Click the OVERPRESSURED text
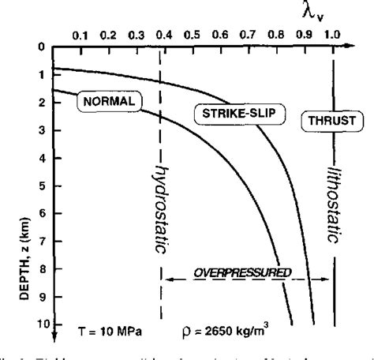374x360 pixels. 248,272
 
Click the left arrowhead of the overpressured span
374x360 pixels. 166,280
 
